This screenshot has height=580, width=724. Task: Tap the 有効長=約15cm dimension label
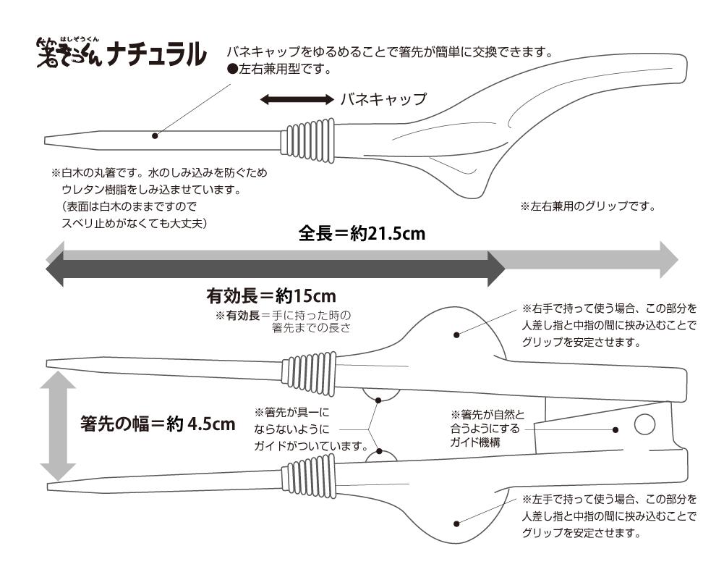(271, 296)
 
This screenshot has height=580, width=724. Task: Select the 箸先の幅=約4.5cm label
(158, 424)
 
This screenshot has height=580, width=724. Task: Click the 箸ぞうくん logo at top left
(69, 53)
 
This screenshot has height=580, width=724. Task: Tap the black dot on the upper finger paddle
(457, 335)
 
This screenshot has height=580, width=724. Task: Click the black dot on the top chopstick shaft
(155, 135)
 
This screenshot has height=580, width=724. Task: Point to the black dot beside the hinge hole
(615, 429)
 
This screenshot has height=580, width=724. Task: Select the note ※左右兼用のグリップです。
(587, 206)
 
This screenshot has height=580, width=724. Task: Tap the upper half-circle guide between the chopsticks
(381, 395)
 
